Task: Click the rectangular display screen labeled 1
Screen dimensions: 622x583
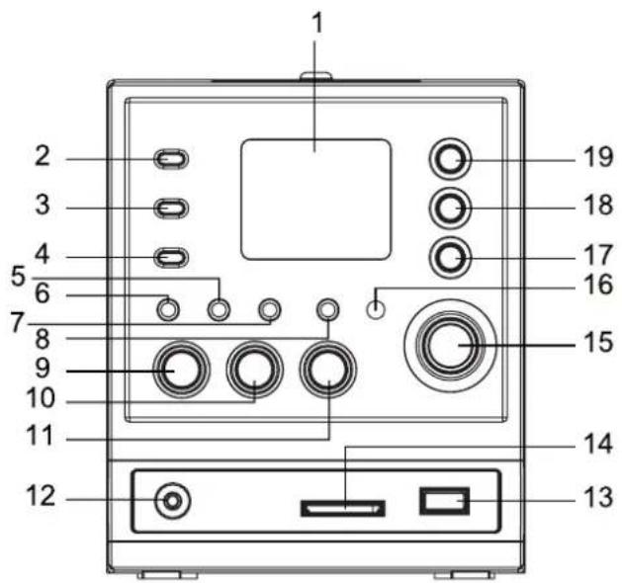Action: point(316,200)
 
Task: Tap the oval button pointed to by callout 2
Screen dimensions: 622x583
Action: point(171,159)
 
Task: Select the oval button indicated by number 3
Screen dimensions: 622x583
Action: point(171,208)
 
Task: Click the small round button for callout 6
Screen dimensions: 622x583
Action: point(168,309)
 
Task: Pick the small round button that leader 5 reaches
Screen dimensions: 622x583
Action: point(219,309)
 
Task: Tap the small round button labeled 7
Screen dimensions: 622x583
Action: point(270,309)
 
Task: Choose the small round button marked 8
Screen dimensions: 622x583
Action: point(327,309)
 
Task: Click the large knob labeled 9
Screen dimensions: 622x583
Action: point(181,370)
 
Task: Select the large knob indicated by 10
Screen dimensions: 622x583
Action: point(255,370)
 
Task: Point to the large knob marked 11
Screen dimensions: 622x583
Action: point(328,370)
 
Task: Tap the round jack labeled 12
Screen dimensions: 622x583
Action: point(172,501)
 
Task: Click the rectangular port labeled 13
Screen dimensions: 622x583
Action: point(445,501)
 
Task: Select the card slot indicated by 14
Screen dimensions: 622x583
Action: point(343,508)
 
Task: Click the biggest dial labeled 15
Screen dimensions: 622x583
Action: point(450,345)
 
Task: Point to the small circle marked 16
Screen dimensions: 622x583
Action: point(376,309)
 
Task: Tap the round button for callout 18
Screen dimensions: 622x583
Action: point(450,208)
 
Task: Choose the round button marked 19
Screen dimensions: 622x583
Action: point(450,159)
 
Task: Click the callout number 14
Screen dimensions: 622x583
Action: point(598,444)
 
